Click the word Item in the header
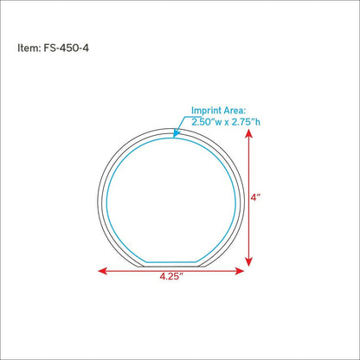(x=29, y=48)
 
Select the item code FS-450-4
(x=66, y=48)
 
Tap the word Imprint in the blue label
(x=207, y=111)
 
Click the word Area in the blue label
(x=235, y=111)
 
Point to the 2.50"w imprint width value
(x=207, y=122)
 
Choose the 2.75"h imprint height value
(x=246, y=122)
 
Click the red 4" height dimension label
(x=255, y=198)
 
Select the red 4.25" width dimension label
(x=171, y=276)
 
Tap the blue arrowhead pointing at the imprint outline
(x=176, y=134)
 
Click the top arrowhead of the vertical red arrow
(x=248, y=133)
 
